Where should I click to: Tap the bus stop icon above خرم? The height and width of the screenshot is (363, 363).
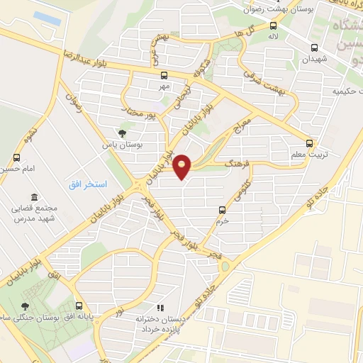tap(222, 210)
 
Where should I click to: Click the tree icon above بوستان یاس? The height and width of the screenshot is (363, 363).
tap(123, 132)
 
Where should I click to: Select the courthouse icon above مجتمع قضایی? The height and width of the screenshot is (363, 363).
tap(33, 198)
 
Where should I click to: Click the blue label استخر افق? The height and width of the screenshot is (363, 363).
tap(88, 184)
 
